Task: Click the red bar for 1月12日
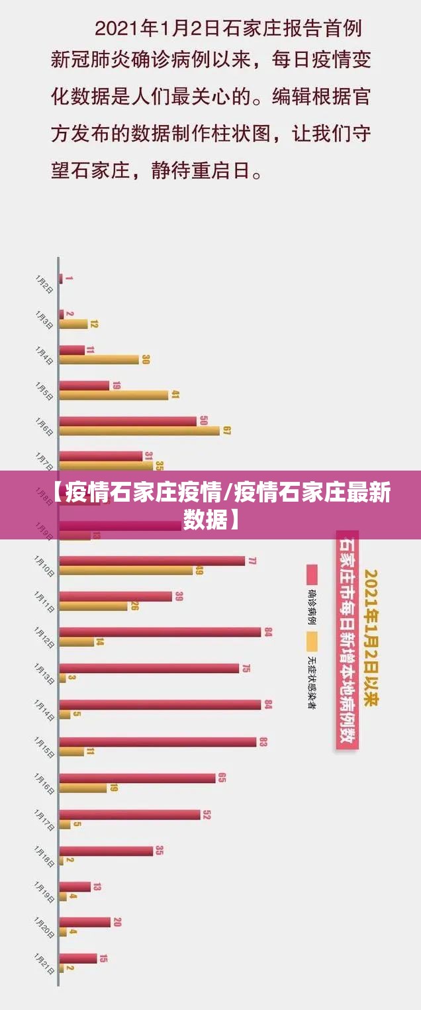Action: click(160, 632)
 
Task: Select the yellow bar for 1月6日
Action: click(139, 431)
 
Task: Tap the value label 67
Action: click(227, 431)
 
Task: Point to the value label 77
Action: click(252, 561)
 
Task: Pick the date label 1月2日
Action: click(44, 283)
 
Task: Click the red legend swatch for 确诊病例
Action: click(312, 574)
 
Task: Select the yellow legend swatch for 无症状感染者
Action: click(312, 641)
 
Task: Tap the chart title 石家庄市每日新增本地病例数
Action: click(346, 640)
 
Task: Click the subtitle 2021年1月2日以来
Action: click(371, 641)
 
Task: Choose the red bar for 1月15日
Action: click(158, 742)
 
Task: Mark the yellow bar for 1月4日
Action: click(99, 359)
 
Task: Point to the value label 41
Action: click(175, 395)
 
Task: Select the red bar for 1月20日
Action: click(85, 922)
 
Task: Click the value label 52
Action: click(207, 815)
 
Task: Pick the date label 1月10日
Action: click(44, 567)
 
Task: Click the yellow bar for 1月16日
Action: click(83, 788)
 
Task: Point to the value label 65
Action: click(222, 778)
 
